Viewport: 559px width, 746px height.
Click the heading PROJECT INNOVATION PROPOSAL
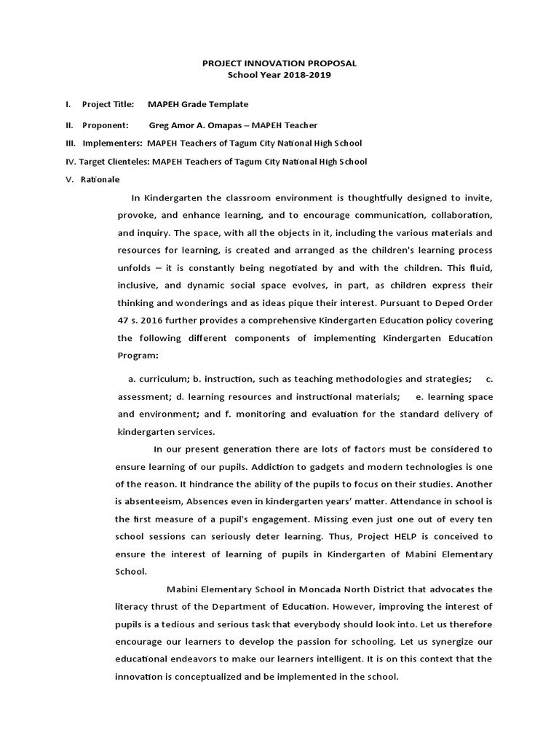(x=279, y=63)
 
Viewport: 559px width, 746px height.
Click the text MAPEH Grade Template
(x=197, y=105)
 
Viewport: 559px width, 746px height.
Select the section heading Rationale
(x=101, y=179)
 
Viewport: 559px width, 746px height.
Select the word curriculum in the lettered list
(x=164, y=380)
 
